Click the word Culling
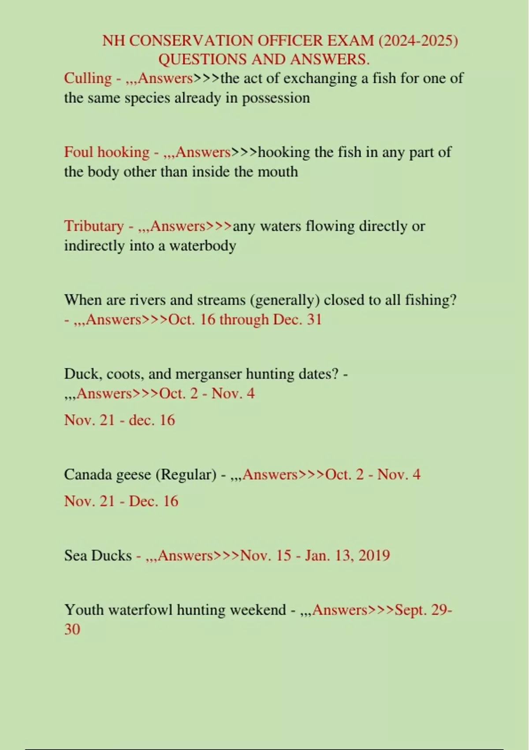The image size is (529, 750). pyautogui.click(x=88, y=79)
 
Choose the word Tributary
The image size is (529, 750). pyautogui.click(x=94, y=226)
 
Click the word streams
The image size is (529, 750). pyautogui.click(x=221, y=300)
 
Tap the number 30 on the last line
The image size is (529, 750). pyautogui.click(x=72, y=630)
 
